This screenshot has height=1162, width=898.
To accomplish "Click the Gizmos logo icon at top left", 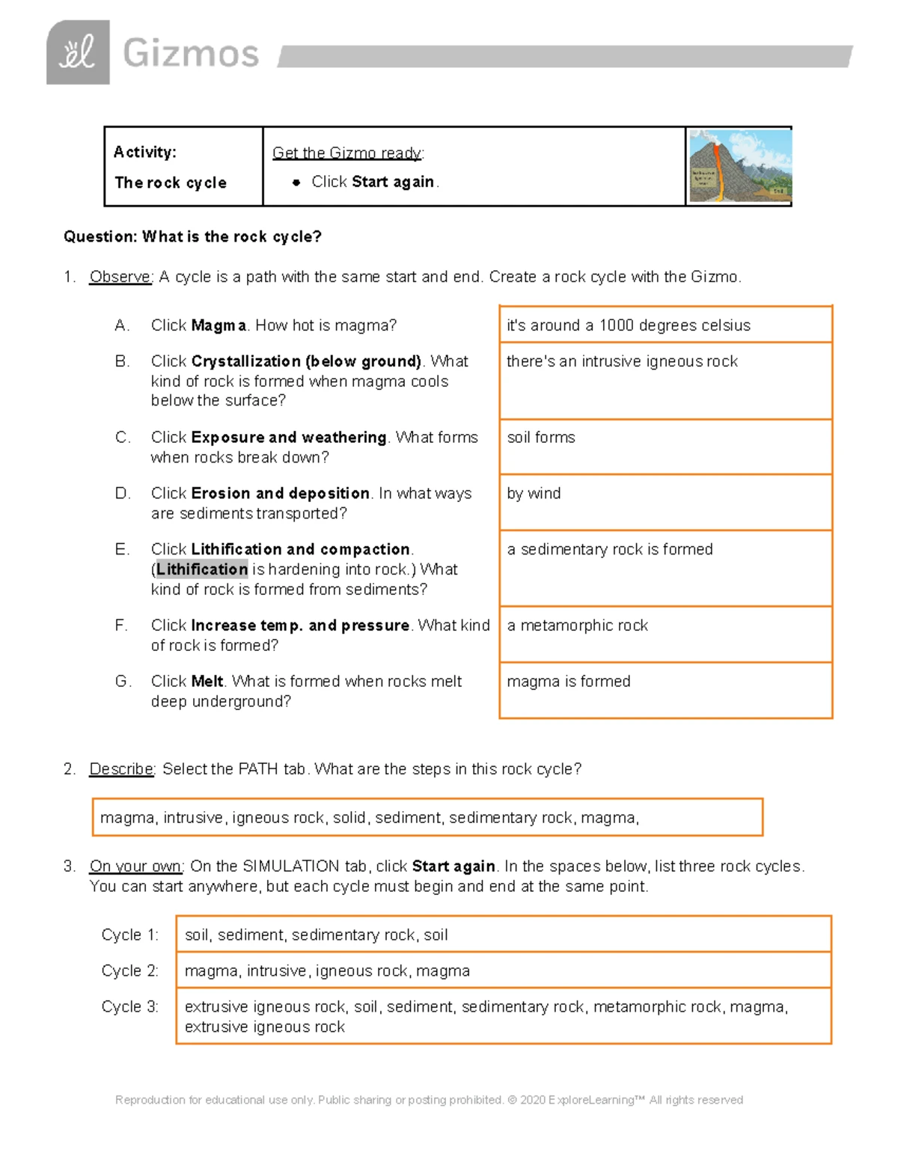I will [x=78, y=52].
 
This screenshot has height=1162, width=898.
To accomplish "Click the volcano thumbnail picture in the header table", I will [x=739, y=166].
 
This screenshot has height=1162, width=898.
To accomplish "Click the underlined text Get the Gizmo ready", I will [x=347, y=153].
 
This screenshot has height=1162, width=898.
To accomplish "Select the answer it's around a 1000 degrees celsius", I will [x=628, y=325].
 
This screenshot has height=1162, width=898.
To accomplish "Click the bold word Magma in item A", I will [x=219, y=325].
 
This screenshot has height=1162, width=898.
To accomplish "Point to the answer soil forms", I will [x=541, y=437].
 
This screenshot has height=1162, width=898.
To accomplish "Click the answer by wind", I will [x=534, y=493].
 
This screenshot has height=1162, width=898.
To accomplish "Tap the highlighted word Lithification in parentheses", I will [x=202, y=569].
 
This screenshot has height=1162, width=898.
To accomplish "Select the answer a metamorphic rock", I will [x=577, y=625].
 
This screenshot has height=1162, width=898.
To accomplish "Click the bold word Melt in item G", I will [x=207, y=681].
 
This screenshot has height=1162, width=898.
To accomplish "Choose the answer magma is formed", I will [x=569, y=681].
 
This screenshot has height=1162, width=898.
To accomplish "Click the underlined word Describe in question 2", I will [x=121, y=769].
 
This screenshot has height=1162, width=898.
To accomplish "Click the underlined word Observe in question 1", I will [x=120, y=277].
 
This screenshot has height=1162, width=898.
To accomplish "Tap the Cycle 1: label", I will [x=130, y=935].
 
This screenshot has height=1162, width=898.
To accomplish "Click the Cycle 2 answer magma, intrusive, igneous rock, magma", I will [x=327, y=970].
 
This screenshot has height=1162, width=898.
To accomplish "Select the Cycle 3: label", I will [x=130, y=1006].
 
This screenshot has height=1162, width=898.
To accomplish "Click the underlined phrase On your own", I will [x=136, y=866].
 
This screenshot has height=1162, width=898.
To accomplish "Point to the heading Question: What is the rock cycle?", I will [x=192, y=236].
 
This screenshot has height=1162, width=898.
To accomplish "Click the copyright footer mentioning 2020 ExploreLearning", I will [x=429, y=1100].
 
